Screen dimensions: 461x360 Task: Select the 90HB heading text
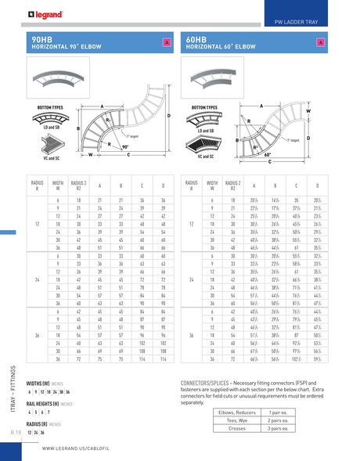(x=42, y=38)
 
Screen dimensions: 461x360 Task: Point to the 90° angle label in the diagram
(x=125, y=146)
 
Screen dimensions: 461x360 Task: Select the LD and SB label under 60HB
(x=207, y=131)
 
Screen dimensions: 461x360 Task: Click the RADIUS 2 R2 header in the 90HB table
(x=78, y=185)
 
